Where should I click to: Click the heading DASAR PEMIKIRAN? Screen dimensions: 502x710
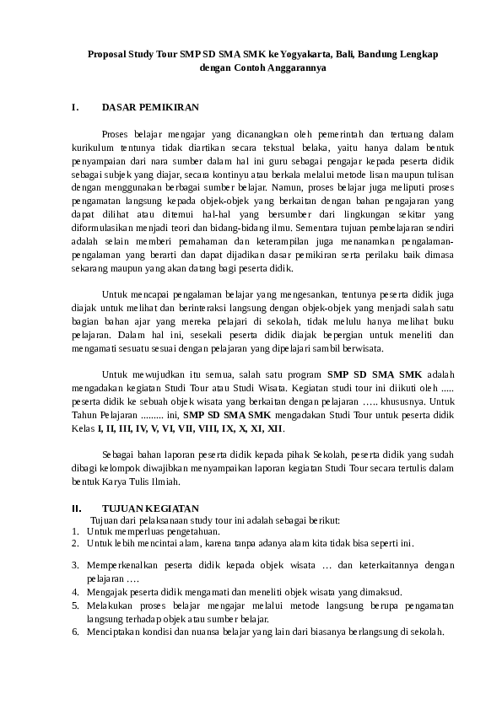(x=150, y=108)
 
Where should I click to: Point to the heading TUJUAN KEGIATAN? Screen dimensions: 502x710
(x=150, y=508)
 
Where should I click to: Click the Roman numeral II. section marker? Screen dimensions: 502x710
(x=77, y=508)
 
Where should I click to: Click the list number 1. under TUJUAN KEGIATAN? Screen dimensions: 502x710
(x=75, y=531)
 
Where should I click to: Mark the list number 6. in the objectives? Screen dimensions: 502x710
(x=75, y=632)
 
